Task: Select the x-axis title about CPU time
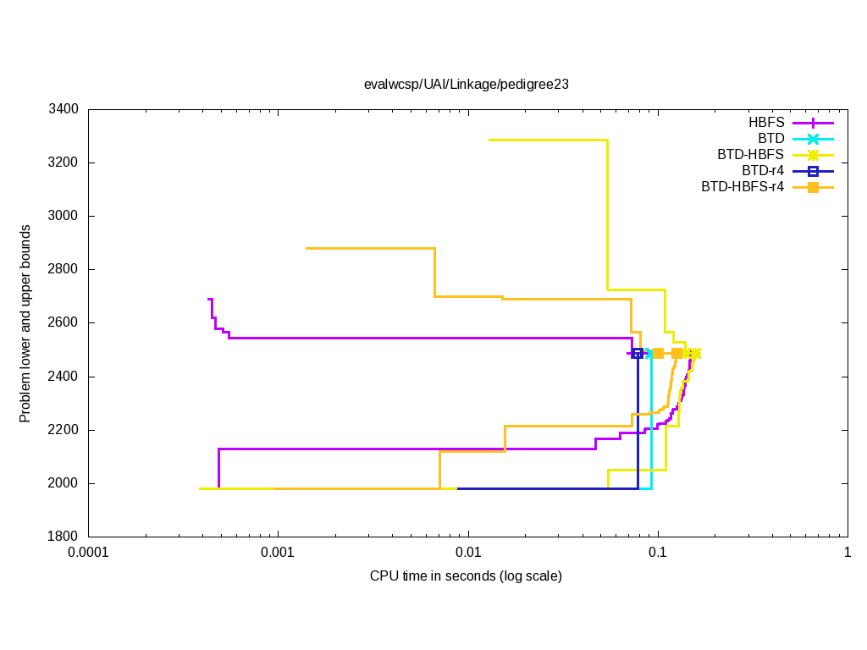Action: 466,576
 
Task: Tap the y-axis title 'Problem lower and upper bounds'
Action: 25,323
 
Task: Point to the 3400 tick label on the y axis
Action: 64,109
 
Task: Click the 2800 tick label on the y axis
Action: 64,269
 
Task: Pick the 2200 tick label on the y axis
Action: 64,430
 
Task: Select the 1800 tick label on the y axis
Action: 64,537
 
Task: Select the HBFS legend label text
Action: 766,123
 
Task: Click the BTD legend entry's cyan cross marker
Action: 813,139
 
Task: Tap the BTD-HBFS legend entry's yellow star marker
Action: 813,155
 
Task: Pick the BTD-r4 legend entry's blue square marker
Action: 813,171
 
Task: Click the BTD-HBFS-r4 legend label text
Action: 743,187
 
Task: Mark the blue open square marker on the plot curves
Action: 638,353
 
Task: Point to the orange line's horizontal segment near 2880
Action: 370,248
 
